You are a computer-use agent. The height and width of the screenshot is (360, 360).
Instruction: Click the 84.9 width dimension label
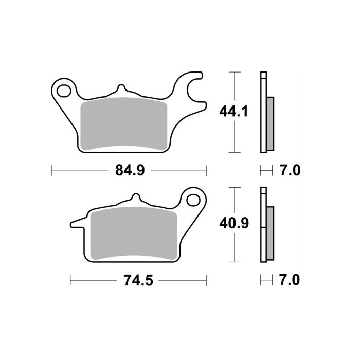click(x=130, y=170)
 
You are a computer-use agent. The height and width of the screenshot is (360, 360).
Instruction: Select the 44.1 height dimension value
click(x=233, y=111)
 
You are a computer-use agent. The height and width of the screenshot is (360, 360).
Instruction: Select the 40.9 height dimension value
click(x=234, y=223)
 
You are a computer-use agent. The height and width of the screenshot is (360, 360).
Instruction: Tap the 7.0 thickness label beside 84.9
click(x=290, y=170)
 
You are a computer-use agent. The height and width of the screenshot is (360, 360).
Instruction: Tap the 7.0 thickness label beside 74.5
click(x=290, y=280)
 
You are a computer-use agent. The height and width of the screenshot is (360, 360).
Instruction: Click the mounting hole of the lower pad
click(x=194, y=201)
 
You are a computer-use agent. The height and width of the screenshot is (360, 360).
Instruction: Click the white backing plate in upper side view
click(x=264, y=113)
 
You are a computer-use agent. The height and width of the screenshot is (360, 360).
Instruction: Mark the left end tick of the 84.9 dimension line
click(x=52, y=170)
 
